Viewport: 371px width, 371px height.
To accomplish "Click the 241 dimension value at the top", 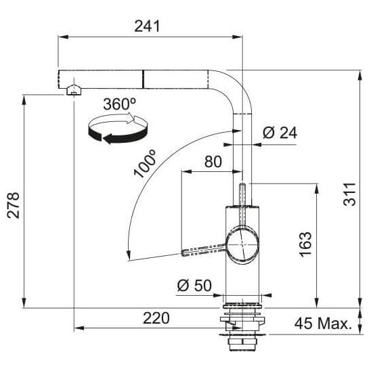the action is coord(147,26).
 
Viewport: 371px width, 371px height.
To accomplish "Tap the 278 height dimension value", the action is coord(13,205).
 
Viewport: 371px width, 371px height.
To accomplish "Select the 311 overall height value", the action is coord(349,194).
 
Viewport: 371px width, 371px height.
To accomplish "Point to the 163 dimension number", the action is coord(305,244).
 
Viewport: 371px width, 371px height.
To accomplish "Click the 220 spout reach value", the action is coord(156,318).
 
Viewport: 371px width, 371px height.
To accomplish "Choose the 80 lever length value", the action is coord(213,162).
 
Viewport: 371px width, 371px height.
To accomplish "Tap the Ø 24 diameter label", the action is coord(280,133).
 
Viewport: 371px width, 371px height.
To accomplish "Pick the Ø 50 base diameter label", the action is coord(194,285).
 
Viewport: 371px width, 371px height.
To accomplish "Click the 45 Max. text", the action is coord(323,323).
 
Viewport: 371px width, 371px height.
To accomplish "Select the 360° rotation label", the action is coord(119,104).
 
